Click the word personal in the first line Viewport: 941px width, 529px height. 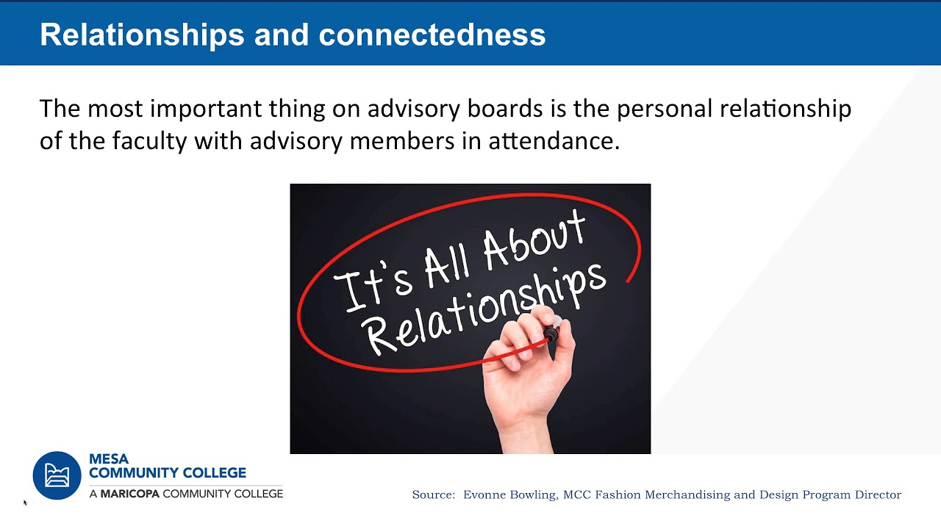665,109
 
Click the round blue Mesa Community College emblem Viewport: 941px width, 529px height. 57,475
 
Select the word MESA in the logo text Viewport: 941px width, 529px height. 109,459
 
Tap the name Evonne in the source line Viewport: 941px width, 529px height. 487,495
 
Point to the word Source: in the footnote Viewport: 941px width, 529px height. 434,495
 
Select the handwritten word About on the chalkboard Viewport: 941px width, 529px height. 535,242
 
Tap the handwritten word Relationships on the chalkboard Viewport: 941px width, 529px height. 485,309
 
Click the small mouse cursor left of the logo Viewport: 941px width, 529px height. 25,503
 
